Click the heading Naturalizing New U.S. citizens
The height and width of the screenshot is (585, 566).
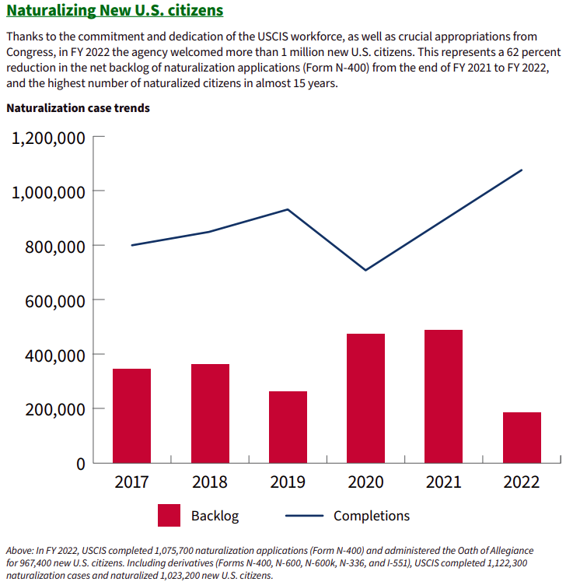point(114,11)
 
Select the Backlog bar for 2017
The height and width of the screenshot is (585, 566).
point(131,415)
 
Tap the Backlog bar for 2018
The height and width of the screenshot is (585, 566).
point(210,413)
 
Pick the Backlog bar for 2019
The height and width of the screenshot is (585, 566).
point(288,427)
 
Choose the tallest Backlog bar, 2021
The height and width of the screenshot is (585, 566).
point(443,396)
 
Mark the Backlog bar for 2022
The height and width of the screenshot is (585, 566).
point(522,437)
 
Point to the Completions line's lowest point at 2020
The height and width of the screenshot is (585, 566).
point(365,270)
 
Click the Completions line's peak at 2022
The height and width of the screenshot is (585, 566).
point(522,170)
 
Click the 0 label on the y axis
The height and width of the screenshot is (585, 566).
point(79,464)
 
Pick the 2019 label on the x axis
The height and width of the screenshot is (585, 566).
point(288,482)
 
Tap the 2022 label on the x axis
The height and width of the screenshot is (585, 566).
point(522,482)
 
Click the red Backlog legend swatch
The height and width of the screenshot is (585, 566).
point(169,515)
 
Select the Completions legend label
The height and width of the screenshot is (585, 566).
point(371,516)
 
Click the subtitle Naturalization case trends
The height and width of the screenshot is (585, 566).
point(78,108)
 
